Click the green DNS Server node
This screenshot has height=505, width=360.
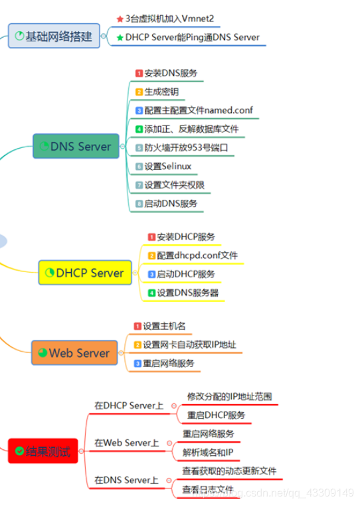point(76,147)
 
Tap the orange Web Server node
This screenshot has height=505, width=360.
point(74,353)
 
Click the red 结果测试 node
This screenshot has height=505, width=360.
point(44,451)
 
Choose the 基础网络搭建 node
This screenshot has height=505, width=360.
point(54,36)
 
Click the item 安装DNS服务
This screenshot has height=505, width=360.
point(170,73)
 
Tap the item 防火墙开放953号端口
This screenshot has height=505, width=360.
point(185,148)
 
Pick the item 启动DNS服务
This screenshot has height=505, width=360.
point(170,204)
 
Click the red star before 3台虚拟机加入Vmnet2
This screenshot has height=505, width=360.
point(120,19)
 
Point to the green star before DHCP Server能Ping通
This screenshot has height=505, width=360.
point(120,38)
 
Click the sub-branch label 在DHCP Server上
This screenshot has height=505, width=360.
point(128,405)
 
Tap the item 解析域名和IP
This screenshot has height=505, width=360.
point(208,453)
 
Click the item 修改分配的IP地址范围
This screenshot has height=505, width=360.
point(229,396)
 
